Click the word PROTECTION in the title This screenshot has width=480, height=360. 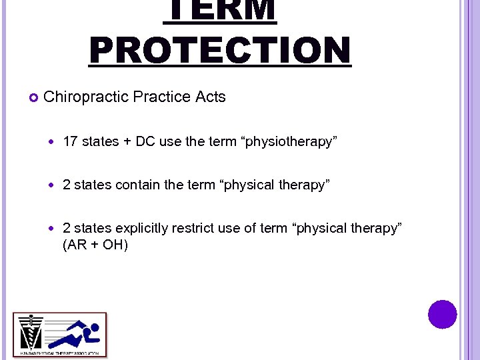click(220, 50)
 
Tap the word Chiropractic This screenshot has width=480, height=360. click(86, 97)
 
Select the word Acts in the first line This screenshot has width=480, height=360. click(211, 97)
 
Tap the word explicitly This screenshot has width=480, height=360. click(142, 228)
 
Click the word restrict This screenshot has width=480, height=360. click(193, 228)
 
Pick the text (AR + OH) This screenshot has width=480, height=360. click(95, 245)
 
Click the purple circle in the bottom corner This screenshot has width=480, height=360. click(443, 314)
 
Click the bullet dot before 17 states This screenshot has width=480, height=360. click(53, 142)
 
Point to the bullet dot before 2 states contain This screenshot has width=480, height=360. click(53, 185)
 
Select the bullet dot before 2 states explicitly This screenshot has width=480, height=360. click(53, 229)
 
